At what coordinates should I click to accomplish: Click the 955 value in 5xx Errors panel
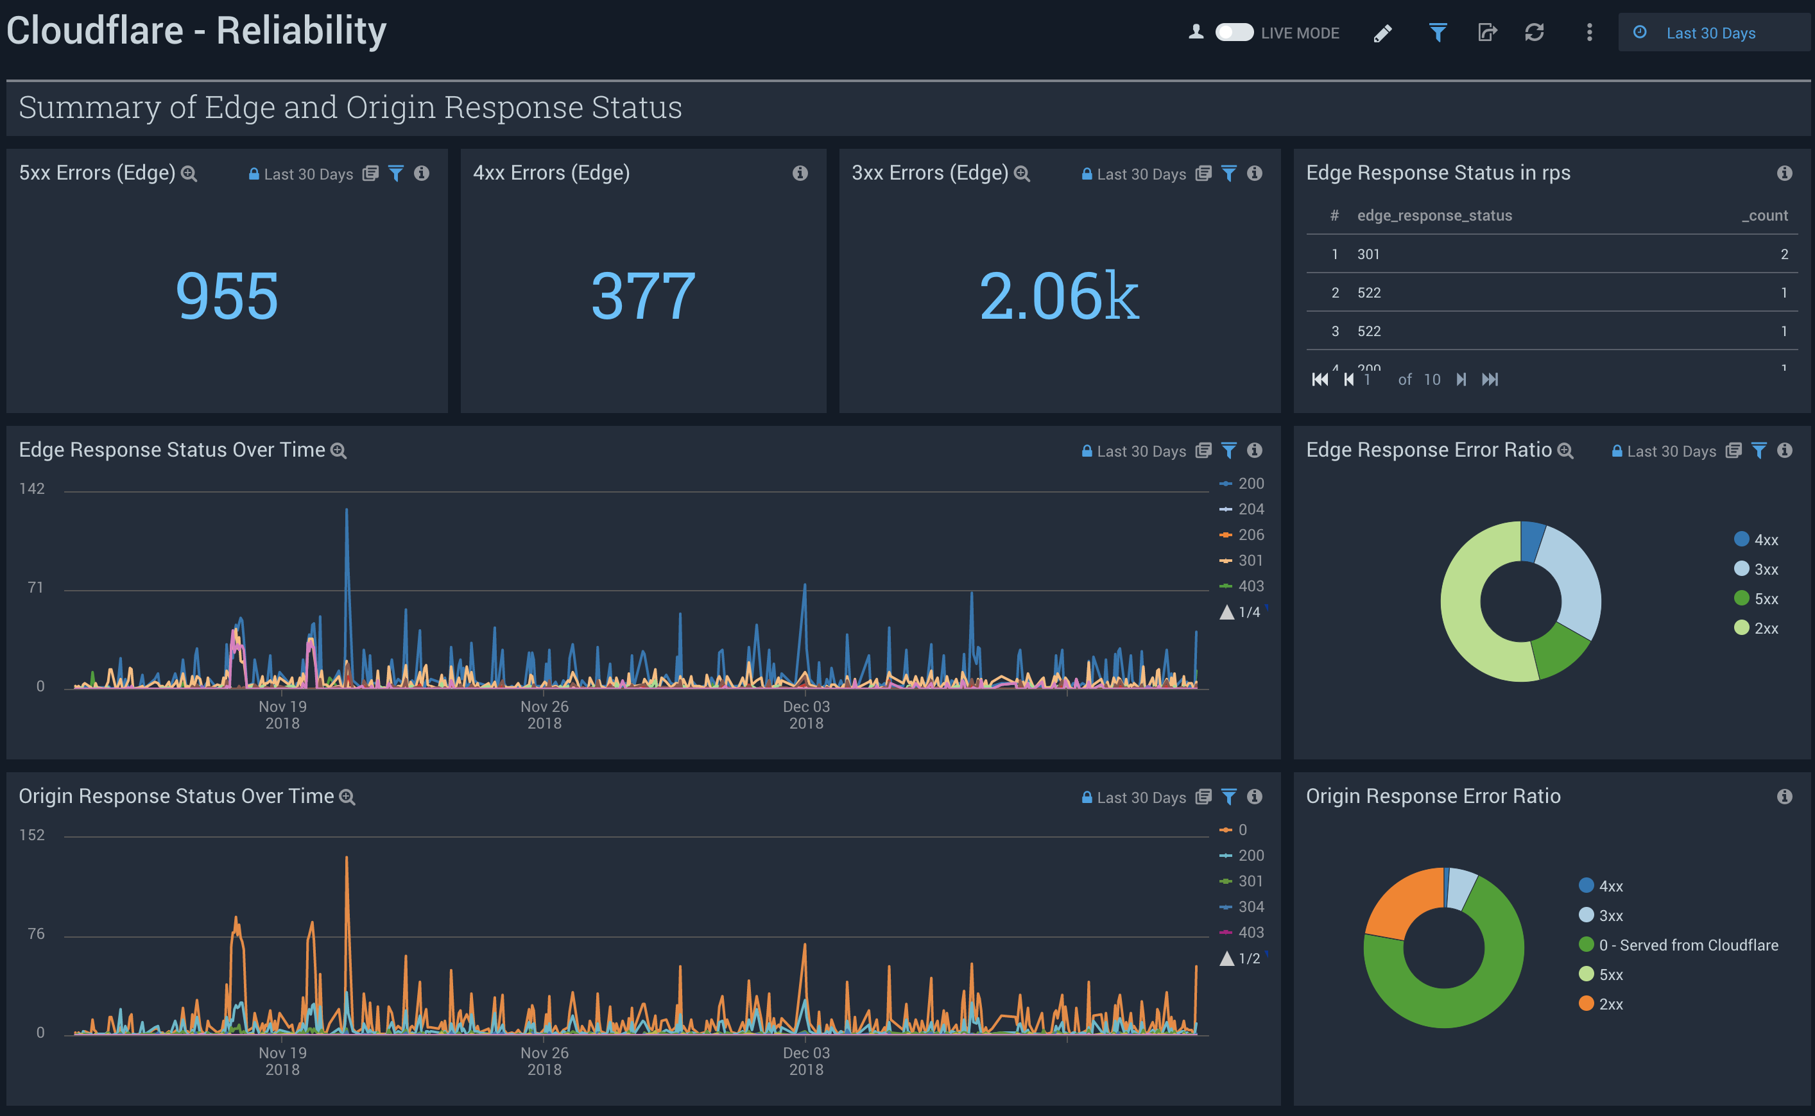(x=227, y=296)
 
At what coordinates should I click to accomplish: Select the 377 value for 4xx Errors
(x=642, y=296)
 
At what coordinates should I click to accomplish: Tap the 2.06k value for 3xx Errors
(x=1058, y=296)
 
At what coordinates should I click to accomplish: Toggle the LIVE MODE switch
(x=1234, y=33)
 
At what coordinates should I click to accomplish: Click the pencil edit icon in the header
(x=1382, y=33)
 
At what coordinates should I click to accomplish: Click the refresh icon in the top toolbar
(x=1535, y=33)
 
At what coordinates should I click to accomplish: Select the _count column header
(x=1764, y=216)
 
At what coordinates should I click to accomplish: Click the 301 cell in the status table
(x=1368, y=254)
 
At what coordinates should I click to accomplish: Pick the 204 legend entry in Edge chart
(x=1250, y=509)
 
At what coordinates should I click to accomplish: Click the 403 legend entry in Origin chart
(x=1250, y=932)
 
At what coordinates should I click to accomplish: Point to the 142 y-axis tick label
(x=31, y=489)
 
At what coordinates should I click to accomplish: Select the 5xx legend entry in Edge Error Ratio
(x=1766, y=598)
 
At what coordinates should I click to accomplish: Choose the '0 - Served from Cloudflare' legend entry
(x=1688, y=945)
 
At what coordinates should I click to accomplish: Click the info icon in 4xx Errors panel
(x=800, y=173)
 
